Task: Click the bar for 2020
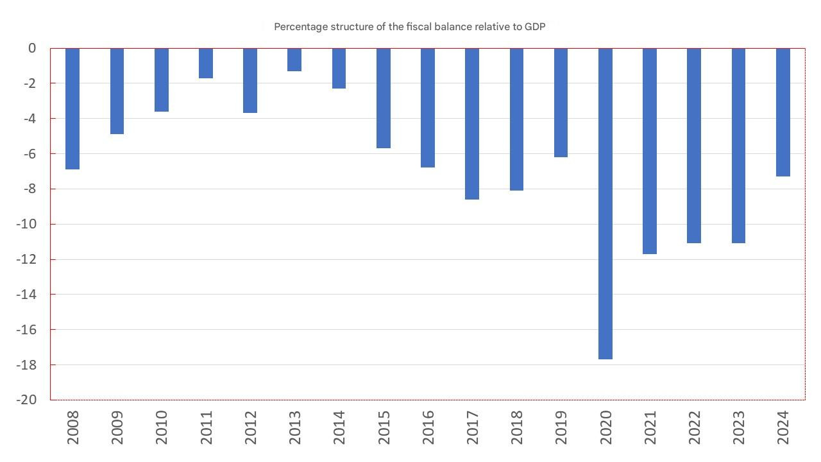point(605,203)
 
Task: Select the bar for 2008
point(72,108)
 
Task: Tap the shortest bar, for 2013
point(294,60)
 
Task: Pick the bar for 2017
point(472,124)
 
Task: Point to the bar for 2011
point(206,64)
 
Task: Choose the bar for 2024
point(783,112)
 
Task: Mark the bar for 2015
point(384,98)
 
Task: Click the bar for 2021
point(650,151)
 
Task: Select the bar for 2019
point(561,103)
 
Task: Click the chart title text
point(409,27)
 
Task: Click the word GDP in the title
point(535,27)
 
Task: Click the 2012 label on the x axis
point(250,428)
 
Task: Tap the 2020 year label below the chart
point(605,428)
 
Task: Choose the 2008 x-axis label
point(72,428)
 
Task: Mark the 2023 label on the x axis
point(738,428)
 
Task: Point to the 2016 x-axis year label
point(428,428)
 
